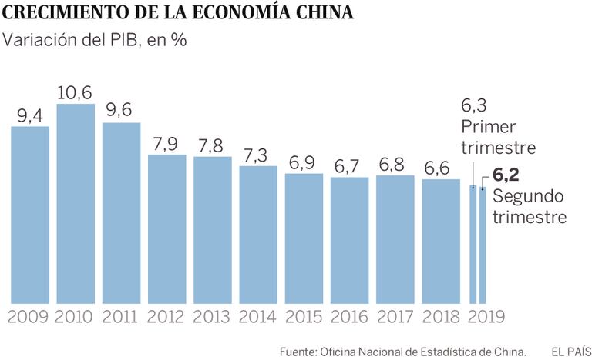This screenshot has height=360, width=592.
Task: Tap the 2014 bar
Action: [258, 234]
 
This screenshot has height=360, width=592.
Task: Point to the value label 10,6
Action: [76, 92]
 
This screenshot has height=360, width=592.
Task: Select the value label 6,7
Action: [349, 165]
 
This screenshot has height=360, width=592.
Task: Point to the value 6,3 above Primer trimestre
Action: [475, 105]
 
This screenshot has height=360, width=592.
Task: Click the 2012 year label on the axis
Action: [166, 316]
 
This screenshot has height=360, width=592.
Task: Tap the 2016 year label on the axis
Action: [349, 316]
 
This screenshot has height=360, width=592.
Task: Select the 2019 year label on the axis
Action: [487, 316]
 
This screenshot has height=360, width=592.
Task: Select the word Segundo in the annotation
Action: [529, 197]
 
